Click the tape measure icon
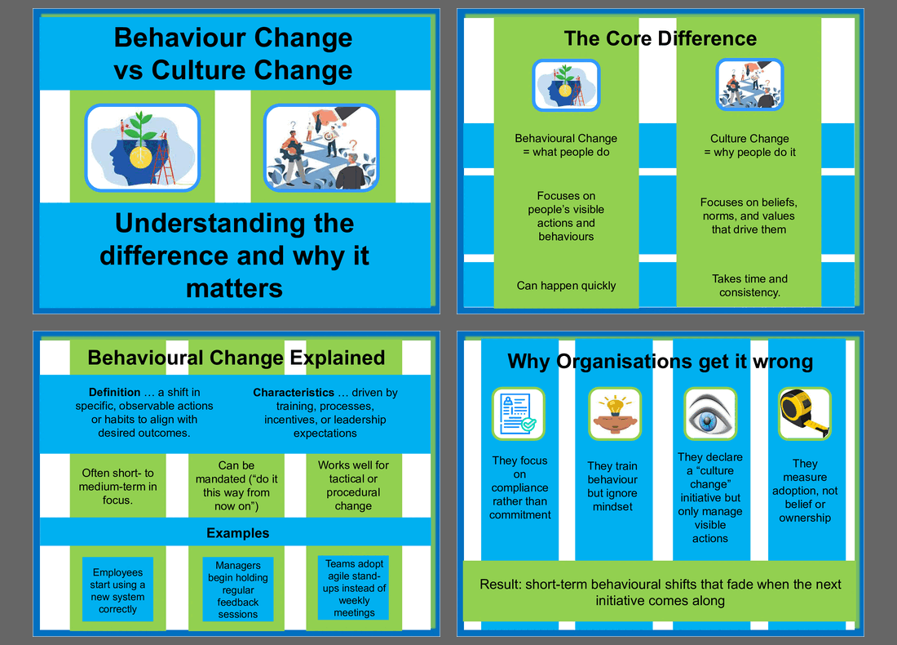(x=804, y=414)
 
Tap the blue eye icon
(x=710, y=414)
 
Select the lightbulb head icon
(x=614, y=414)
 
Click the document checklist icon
(x=519, y=414)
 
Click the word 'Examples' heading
(x=238, y=532)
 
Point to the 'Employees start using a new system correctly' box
(x=118, y=589)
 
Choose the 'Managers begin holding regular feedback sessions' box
(x=238, y=589)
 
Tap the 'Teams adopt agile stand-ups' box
(x=354, y=588)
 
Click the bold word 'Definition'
(x=114, y=392)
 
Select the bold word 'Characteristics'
(x=294, y=393)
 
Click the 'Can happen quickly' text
(x=567, y=285)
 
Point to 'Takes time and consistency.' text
(x=749, y=285)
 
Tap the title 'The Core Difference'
(x=661, y=38)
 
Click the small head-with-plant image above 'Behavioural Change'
(x=566, y=86)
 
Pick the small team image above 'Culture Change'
(x=749, y=84)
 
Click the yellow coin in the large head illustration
(x=140, y=157)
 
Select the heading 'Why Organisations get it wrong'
(x=661, y=362)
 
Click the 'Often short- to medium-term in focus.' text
(x=117, y=487)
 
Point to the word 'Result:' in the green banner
(x=501, y=585)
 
